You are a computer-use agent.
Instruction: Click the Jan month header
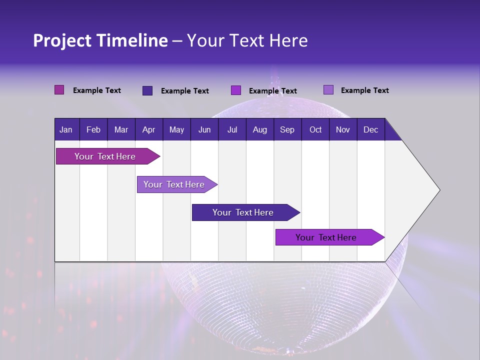(x=66, y=129)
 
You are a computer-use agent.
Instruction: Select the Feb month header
(x=93, y=129)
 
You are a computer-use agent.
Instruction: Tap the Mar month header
(x=121, y=129)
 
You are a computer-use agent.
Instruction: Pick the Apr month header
(x=148, y=129)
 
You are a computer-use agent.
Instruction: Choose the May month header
(x=176, y=129)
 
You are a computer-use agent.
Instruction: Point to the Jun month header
(x=204, y=129)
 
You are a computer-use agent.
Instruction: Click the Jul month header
(x=232, y=129)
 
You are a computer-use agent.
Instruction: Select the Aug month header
(x=259, y=129)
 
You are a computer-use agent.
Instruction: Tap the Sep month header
(x=287, y=129)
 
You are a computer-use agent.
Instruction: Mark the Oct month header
(x=315, y=129)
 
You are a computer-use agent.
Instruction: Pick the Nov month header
(x=343, y=129)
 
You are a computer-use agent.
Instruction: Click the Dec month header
(x=370, y=129)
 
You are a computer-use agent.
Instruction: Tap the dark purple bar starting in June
(x=243, y=212)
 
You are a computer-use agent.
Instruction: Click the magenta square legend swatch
(x=59, y=90)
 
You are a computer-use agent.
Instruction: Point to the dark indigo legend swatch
(x=147, y=90)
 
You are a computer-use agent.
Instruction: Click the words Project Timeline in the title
(x=100, y=40)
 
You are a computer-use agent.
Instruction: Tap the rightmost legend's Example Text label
(x=364, y=90)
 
